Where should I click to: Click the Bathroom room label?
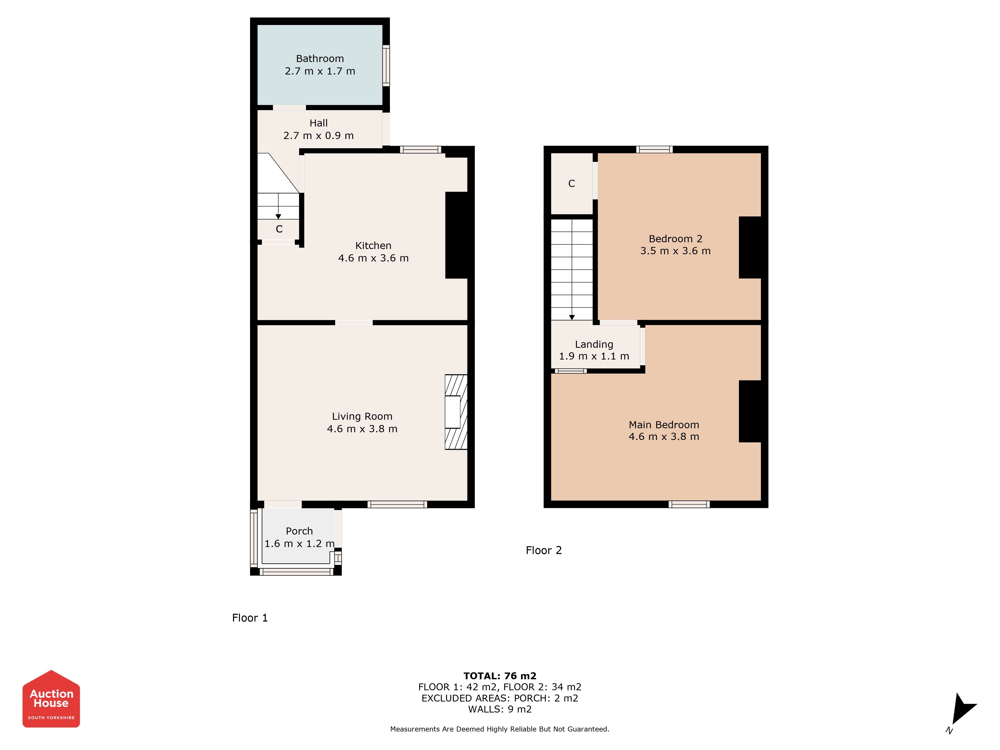click(319, 59)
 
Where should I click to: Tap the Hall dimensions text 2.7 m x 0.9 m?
click(318, 135)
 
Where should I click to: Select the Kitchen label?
click(373, 245)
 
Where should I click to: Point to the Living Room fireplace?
click(456, 412)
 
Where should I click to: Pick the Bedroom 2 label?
click(675, 239)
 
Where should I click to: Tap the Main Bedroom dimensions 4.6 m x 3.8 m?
click(664, 437)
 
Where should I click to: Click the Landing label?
click(594, 344)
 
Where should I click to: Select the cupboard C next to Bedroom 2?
click(571, 183)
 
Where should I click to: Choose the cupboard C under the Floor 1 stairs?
click(279, 229)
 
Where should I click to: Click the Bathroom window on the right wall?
click(386, 65)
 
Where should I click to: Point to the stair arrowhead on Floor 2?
click(572, 317)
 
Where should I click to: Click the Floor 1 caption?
click(250, 618)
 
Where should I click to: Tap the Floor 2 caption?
click(544, 550)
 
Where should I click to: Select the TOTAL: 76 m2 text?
click(500, 676)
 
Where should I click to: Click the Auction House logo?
click(51, 699)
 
